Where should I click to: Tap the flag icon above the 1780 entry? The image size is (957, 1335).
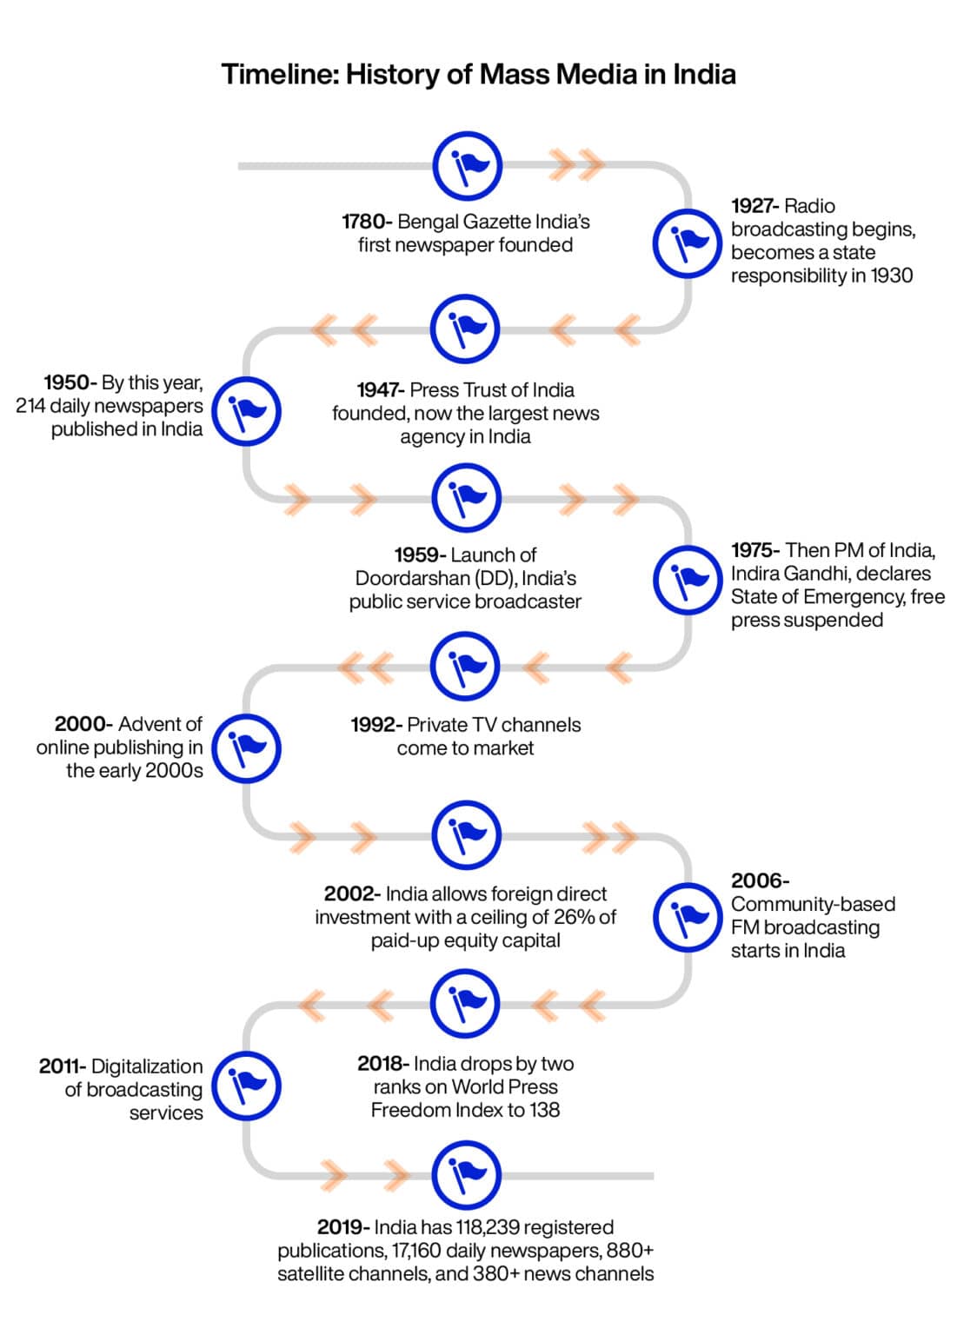coord(467,165)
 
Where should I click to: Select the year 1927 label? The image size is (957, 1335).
coord(754,206)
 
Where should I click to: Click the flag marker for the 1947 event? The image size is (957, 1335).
coord(465,329)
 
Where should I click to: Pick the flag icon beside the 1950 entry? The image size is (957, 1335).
coord(247,411)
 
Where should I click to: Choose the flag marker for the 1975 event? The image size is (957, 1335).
coord(688,581)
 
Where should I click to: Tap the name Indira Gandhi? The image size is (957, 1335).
coord(831,574)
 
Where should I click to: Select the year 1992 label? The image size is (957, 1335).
coord(375,725)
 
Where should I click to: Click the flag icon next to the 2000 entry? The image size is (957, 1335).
coord(247,748)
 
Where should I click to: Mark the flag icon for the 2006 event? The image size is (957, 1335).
coord(688,918)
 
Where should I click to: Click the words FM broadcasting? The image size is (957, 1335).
coord(805,927)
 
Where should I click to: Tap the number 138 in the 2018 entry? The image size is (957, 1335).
coord(544,1110)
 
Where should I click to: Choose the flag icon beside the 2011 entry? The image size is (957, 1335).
coord(247,1085)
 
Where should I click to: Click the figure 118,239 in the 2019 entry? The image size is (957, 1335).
coord(492,1227)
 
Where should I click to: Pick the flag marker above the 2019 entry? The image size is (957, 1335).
coord(466,1175)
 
